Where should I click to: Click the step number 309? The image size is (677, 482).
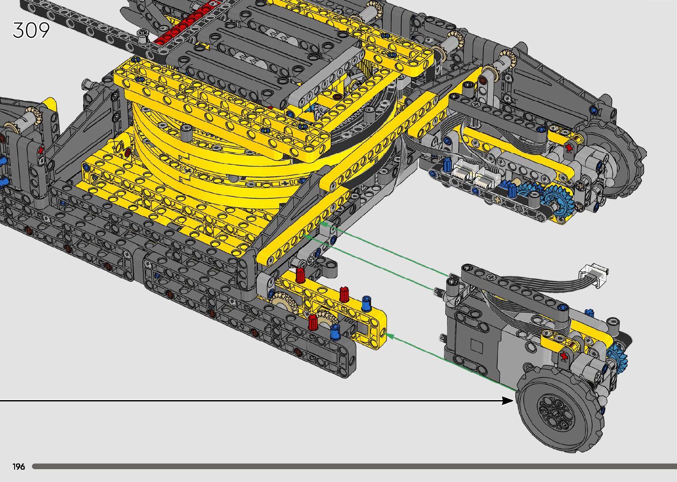[31, 30]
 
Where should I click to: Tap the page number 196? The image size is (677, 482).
[19, 467]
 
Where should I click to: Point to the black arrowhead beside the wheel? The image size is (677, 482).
[508, 401]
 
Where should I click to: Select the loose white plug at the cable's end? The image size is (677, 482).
[593, 274]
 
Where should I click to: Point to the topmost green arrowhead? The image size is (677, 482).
[323, 224]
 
